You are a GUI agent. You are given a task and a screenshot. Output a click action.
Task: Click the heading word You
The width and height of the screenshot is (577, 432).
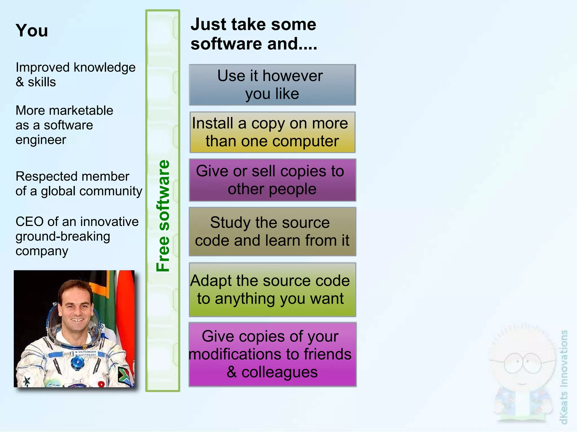point(32,30)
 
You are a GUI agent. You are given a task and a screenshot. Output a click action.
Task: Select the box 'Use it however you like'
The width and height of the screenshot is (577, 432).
point(272,85)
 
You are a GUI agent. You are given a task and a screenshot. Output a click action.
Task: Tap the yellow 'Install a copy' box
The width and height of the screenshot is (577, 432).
point(272,132)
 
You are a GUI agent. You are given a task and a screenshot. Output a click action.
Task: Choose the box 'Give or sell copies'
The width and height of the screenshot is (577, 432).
point(272,180)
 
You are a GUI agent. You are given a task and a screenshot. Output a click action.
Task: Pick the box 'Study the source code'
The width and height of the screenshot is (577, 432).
point(272,231)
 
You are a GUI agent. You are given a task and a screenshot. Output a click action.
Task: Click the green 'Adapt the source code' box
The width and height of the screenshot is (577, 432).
point(272,290)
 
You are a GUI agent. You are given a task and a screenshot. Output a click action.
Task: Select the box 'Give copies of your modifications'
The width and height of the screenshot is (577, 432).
point(272,354)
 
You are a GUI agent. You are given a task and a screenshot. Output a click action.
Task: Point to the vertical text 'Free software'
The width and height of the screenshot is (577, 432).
point(163,216)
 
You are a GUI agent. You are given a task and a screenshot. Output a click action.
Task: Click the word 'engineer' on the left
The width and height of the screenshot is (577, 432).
point(41,140)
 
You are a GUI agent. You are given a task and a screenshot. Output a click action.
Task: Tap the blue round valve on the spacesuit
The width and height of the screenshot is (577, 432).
point(76,363)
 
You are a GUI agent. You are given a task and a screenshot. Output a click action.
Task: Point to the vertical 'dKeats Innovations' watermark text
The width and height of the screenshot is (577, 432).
point(564,377)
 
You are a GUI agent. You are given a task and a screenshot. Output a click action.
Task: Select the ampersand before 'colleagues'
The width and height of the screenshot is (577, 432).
point(232,372)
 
